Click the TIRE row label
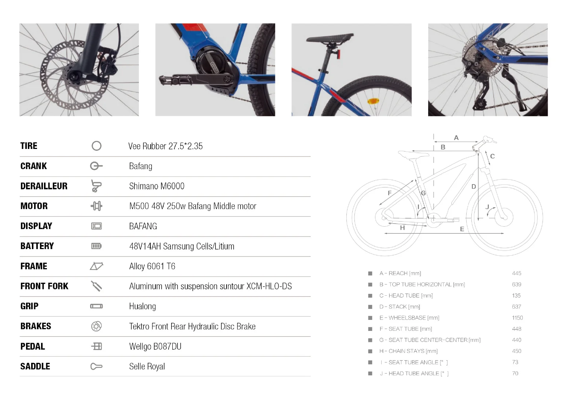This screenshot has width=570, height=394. (x=29, y=146)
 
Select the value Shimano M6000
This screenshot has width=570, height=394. (x=157, y=186)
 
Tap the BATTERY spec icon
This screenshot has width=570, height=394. (x=96, y=246)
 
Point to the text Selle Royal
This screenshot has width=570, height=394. (x=147, y=366)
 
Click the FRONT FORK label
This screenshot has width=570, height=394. (x=44, y=286)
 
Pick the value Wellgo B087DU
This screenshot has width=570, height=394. (x=155, y=347)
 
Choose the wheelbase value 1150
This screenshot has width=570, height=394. (x=517, y=318)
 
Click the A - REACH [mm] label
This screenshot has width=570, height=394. (x=400, y=273)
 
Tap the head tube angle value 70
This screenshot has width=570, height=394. (x=515, y=373)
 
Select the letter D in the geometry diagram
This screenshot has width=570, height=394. (x=474, y=187)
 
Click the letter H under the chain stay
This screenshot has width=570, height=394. (x=402, y=228)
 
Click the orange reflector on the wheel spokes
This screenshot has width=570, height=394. (x=373, y=101)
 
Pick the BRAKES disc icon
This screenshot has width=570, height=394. (x=96, y=326)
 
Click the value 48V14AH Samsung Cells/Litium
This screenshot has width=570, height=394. (x=181, y=247)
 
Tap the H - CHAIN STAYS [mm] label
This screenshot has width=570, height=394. (x=408, y=351)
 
